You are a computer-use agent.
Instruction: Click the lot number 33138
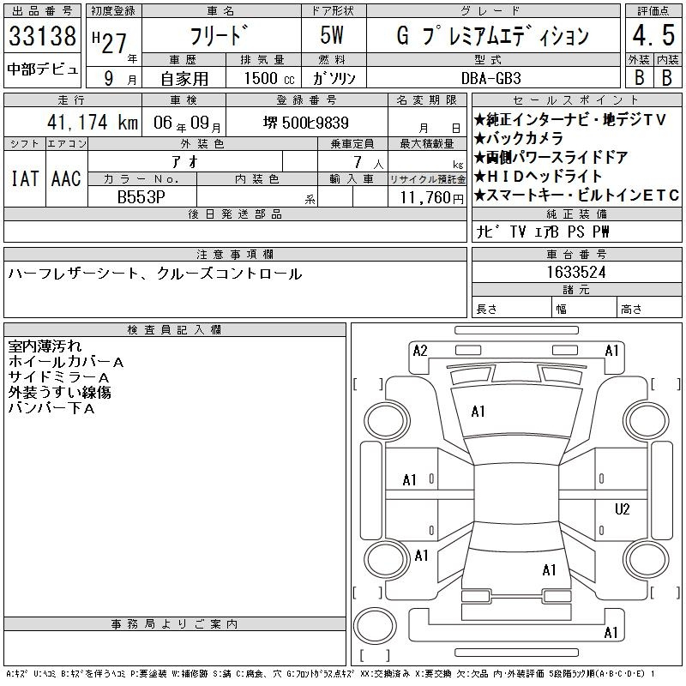point(42,36)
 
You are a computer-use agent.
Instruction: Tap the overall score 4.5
point(653,35)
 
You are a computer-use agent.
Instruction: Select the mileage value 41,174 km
point(93,122)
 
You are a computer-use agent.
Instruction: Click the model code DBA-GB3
point(491,78)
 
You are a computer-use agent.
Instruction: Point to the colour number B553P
point(141,197)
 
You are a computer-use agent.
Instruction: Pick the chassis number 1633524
point(576,272)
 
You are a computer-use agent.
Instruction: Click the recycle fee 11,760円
point(432,198)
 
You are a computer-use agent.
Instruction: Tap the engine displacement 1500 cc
point(269,78)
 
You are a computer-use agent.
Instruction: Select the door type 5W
point(332,35)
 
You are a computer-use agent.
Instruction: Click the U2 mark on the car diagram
point(622,509)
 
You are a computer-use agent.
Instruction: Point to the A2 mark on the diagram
point(420,351)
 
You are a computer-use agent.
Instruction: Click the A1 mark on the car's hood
point(478,412)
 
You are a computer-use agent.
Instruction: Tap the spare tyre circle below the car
point(375,626)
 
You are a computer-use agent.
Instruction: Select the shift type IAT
point(25,178)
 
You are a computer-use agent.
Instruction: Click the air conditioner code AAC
point(66,178)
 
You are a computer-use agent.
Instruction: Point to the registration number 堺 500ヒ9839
point(306,123)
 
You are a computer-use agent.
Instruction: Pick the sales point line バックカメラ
point(519,139)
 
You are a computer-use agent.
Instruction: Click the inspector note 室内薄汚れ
point(45,346)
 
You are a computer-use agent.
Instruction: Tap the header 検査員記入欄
point(174,330)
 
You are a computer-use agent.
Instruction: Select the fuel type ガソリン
point(334,78)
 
